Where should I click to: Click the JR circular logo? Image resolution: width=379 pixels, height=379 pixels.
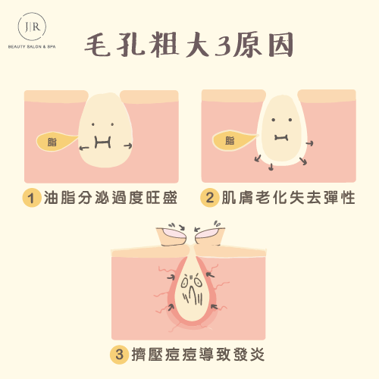click(x=32, y=27)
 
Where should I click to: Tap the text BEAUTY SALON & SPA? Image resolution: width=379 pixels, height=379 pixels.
click(x=32, y=47)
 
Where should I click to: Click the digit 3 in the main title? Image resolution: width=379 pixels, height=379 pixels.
click(x=223, y=45)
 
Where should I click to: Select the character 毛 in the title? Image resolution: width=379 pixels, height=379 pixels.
click(x=98, y=45)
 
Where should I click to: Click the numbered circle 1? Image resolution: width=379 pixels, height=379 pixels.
click(x=32, y=198)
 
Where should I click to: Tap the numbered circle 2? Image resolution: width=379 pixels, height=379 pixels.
click(x=209, y=198)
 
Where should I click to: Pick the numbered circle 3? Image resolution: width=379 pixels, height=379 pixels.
click(x=119, y=355)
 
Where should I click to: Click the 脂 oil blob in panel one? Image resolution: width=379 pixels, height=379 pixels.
click(x=56, y=142)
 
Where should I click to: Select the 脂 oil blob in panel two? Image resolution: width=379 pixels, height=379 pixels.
click(x=233, y=140)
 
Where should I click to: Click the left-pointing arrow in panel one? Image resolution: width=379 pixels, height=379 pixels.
click(x=84, y=148)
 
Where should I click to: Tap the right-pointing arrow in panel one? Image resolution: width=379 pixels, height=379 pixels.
click(x=128, y=146)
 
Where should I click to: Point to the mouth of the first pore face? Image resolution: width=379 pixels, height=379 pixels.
click(x=102, y=143)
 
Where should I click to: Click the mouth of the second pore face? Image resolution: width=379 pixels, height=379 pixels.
click(x=281, y=138)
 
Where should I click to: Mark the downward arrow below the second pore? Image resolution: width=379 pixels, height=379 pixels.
click(x=271, y=167)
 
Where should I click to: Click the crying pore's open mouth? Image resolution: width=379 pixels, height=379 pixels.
click(x=192, y=293)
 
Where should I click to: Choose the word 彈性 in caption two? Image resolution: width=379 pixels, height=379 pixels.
click(x=340, y=198)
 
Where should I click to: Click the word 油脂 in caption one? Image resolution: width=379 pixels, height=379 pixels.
click(x=60, y=198)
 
